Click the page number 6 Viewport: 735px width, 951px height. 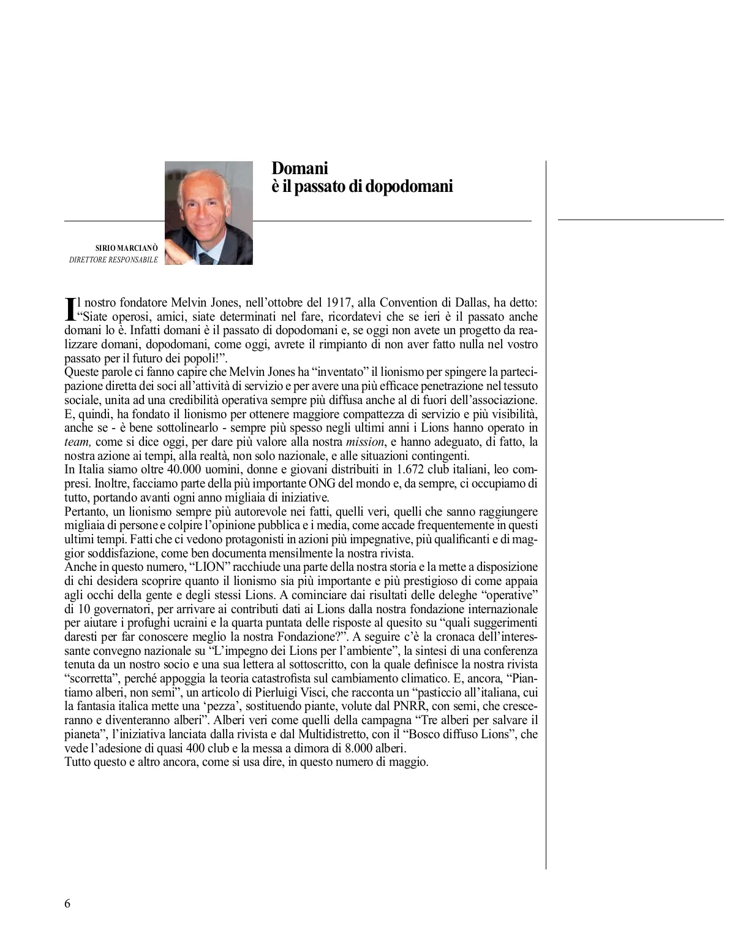67,904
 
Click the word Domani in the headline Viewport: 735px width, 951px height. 300,168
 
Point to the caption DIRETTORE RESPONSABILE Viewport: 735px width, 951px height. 114,260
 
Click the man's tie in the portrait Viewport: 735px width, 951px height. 206,258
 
